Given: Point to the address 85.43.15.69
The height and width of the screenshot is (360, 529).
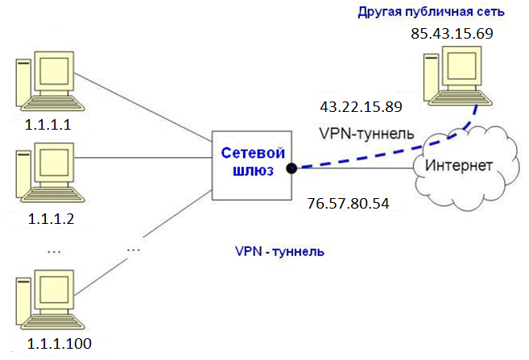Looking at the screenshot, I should [452, 34].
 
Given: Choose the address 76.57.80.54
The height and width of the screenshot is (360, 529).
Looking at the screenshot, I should [349, 202].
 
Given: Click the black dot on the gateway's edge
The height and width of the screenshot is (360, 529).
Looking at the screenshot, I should [291, 168].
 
